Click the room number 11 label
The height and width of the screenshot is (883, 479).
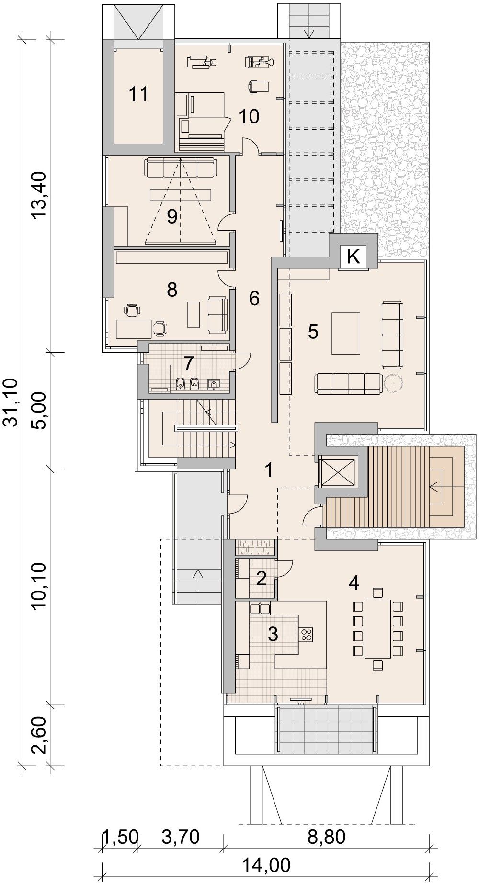click(x=139, y=94)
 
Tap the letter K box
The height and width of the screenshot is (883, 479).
click(x=353, y=257)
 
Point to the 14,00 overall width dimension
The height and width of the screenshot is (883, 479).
click(x=266, y=865)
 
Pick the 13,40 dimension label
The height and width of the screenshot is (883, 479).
click(x=40, y=195)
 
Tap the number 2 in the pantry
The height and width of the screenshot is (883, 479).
click(x=261, y=579)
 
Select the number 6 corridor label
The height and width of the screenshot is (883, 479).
click(x=254, y=299)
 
